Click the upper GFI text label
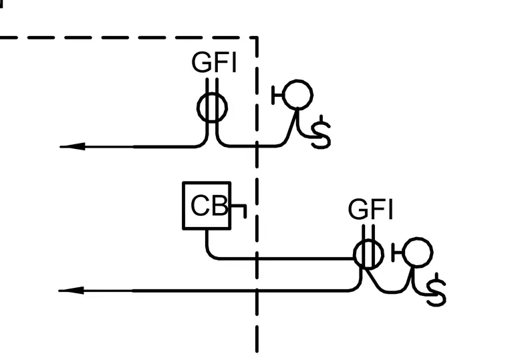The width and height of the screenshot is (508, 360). pos(214,62)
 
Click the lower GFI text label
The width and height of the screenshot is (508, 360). pos(370,209)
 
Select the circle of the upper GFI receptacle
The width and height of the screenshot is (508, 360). pos(198,108)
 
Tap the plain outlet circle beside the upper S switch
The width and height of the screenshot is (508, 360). pos(283,95)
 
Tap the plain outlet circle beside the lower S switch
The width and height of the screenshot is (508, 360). pos(402,252)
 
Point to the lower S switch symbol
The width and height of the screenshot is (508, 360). pos(436,290)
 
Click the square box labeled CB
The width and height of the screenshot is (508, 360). pos(183,206)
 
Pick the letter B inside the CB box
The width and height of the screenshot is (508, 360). pos(220,205)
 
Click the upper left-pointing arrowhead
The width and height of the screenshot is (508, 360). pos(72,147)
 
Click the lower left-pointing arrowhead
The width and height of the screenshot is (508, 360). pos(72,291)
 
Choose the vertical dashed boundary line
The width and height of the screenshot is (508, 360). pos(257,194)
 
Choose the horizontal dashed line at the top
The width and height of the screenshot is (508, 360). pos(129,37)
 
